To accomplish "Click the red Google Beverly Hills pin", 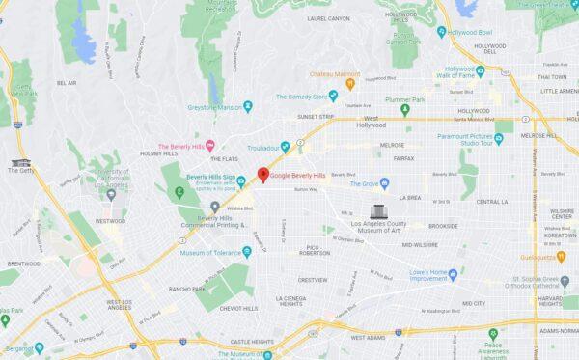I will click(x=262, y=174).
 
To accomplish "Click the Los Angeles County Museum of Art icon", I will click(x=379, y=210).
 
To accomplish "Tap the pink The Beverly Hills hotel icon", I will click(x=210, y=144).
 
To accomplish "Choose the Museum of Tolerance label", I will click(x=212, y=252).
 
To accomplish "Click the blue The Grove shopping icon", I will click(x=384, y=182).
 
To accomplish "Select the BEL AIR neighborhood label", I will click(x=67, y=83).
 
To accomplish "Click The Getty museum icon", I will click(x=20, y=162).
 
